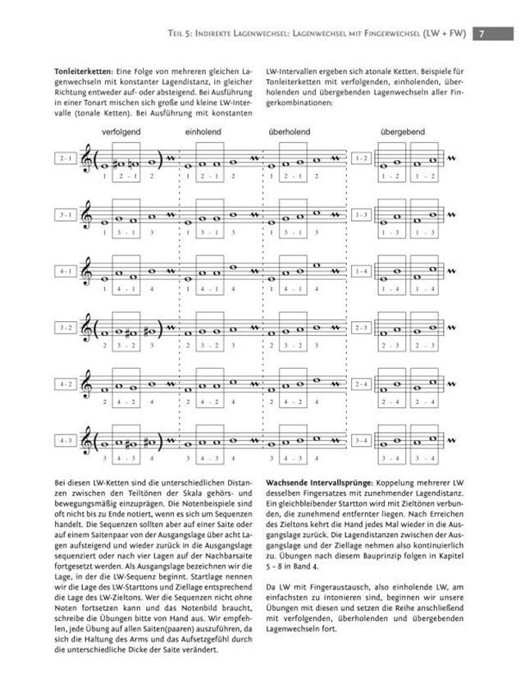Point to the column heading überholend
point(289,131)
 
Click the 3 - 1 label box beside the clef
point(66,214)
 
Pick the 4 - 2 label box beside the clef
point(66,384)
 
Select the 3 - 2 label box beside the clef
point(66,328)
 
